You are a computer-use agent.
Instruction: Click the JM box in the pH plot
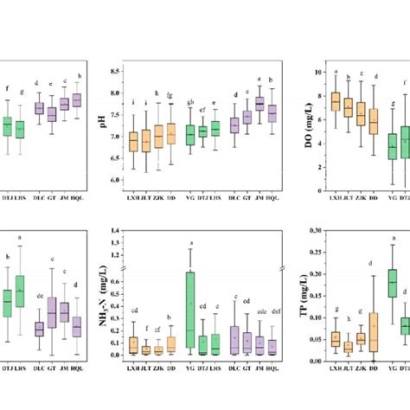[x=259, y=104]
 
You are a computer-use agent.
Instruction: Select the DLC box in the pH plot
[x=234, y=125]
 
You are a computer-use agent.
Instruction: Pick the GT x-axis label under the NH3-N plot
[x=247, y=368]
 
